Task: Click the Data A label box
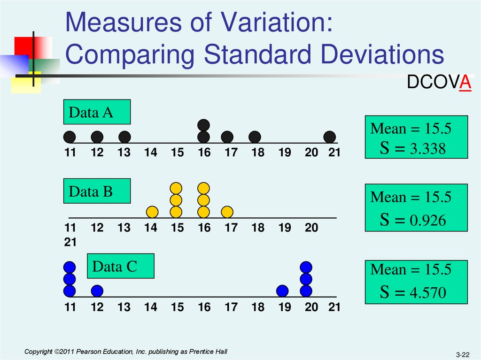(97, 113)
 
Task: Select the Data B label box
(97, 192)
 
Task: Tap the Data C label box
(121, 267)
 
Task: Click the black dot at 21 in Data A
(330, 137)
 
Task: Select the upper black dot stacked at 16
(203, 125)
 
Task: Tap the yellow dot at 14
(152, 212)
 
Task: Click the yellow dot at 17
(227, 212)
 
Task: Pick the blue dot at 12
(97, 291)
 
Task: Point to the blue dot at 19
(282, 291)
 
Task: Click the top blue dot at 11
(70, 267)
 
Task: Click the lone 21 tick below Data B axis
(70, 242)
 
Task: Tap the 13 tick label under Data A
(124, 153)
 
